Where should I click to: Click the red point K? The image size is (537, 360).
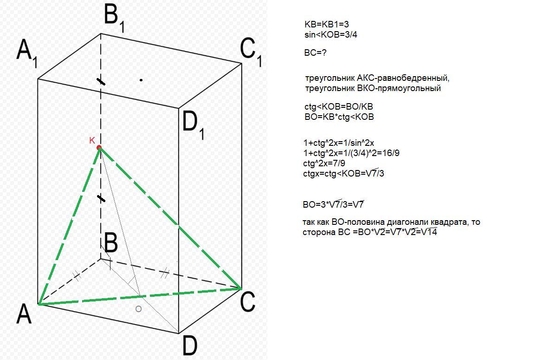point(99,148)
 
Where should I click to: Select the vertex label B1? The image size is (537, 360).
point(113,18)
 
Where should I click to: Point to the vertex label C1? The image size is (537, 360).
point(251,52)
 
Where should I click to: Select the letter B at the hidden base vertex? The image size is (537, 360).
point(110,243)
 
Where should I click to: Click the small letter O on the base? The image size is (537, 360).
point(138,309)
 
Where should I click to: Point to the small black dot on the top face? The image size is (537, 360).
point(141,80)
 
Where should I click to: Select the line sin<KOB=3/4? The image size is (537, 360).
point(330,34)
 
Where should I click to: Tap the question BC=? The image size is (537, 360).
point(315,53)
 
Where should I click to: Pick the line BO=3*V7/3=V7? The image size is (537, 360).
point(333,204)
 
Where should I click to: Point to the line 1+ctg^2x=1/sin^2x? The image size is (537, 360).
point(338,143)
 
